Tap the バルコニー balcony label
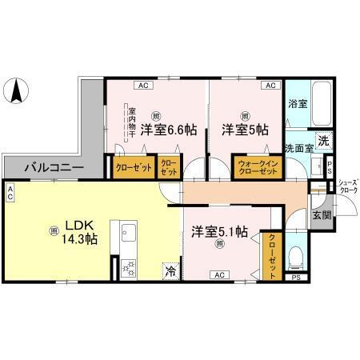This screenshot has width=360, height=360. (54, 168)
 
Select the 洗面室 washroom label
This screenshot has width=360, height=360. (298, 149)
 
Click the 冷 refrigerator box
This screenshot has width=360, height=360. (170, 270)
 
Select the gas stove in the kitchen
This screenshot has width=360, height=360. (129, 270)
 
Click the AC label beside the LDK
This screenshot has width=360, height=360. (10, 193)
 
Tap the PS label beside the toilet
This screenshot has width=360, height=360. (296, 278)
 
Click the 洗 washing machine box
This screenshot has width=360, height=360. (322, 141)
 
